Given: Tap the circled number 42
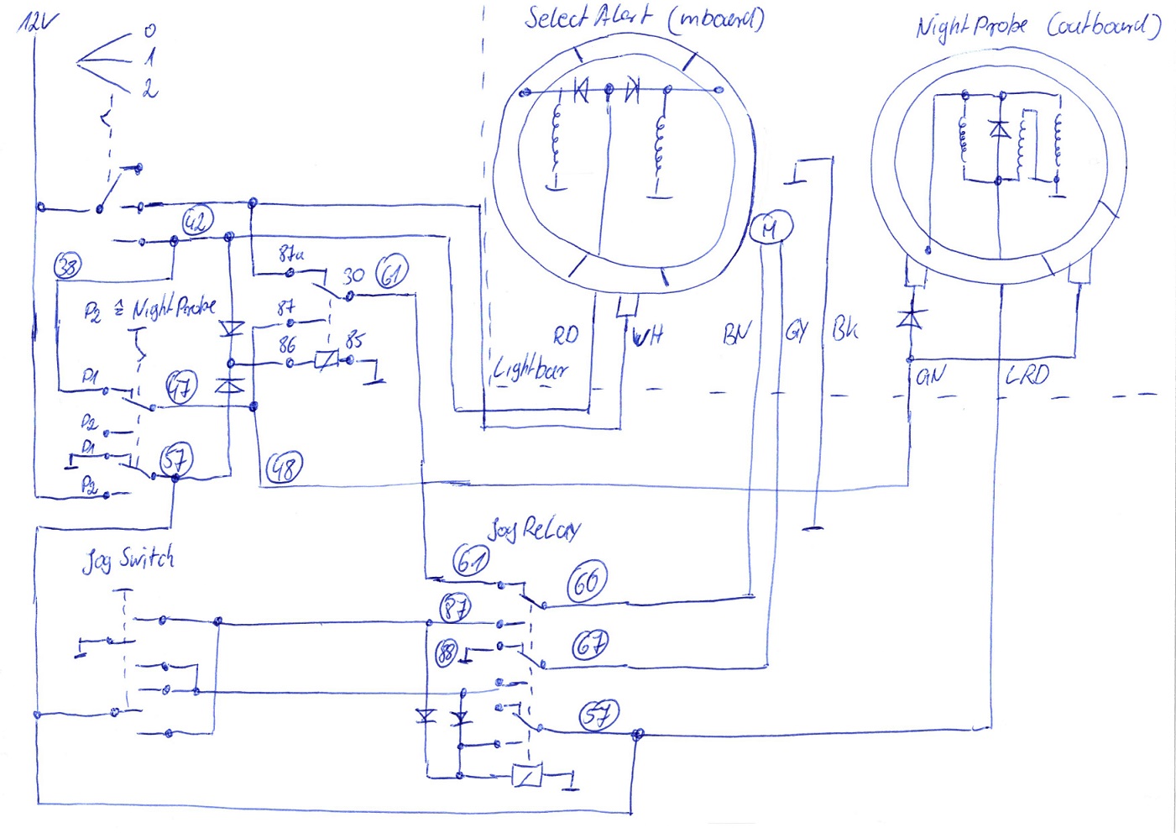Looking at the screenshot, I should (197, 222).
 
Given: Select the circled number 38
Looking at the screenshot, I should (67, 266).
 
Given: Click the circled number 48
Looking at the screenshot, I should (284, 468).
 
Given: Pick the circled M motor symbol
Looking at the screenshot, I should (770, 228).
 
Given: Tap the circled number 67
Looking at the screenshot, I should (590, 645).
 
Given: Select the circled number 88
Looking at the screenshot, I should (447, 652).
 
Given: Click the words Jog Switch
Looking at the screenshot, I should (128, 559).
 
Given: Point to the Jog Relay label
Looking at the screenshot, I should (534, 529).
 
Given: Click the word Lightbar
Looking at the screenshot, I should (530, 369).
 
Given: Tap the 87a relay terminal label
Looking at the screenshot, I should (290, 254).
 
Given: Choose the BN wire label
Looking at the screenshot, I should (736, 334).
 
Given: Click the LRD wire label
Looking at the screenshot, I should (1027, 375).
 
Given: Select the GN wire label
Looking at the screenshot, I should (928, 376).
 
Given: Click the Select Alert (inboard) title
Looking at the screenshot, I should (644, 18).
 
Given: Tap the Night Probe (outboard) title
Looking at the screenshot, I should (1037, 27).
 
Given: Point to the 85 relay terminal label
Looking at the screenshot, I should (354, 339).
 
